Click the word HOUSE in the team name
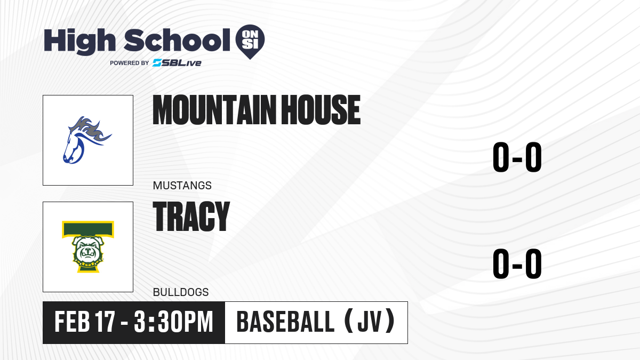pos(321,110)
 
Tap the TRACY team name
pos(191,216)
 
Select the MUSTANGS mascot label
pos(182,186)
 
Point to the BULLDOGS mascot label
pos(181,292)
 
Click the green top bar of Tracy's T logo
pos(88,229)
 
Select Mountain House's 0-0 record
pos(517,157)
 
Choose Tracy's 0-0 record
pos(517,263)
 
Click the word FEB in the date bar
pos(72,322)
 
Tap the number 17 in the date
pos(105,322)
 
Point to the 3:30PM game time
pos(173,322)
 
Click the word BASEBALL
pos(285,322)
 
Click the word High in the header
pos(79,42)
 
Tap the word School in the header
pos(177,39)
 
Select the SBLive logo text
pos(177,63)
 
